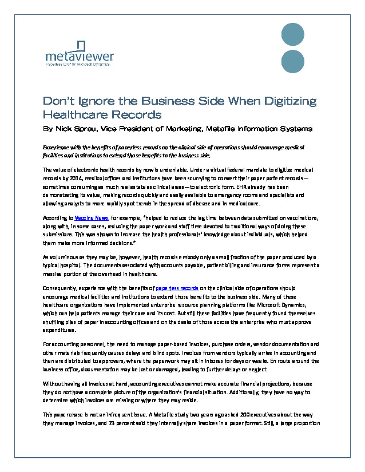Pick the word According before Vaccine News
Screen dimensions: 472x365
56,218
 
